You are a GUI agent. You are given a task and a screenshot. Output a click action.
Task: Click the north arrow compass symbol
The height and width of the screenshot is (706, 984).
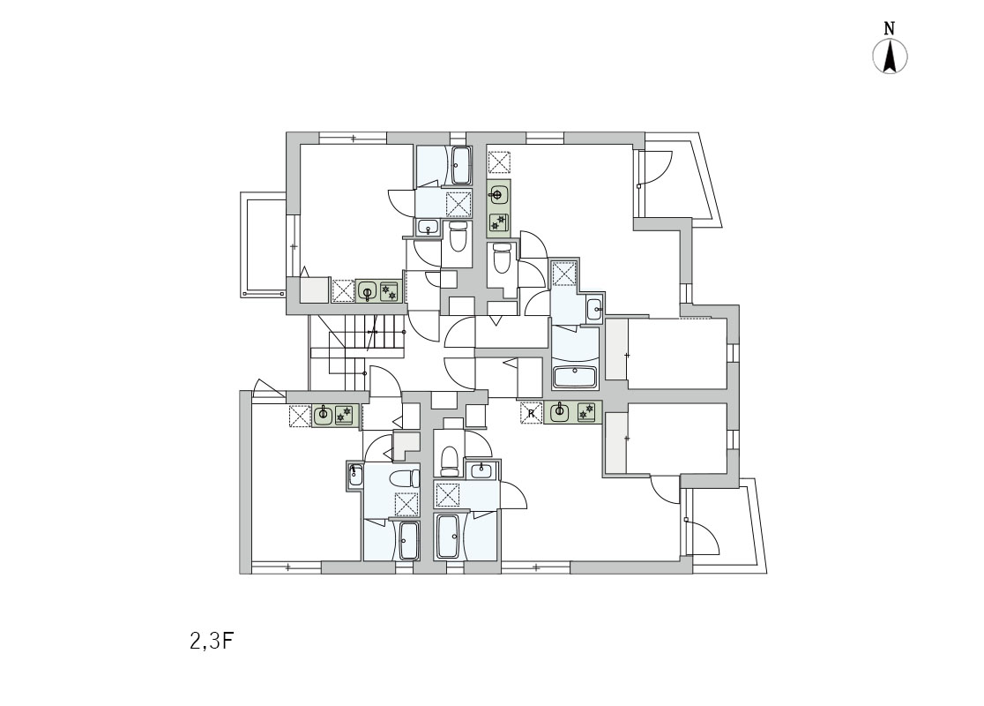890,56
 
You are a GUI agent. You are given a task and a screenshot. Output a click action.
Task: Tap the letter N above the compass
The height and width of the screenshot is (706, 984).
890,28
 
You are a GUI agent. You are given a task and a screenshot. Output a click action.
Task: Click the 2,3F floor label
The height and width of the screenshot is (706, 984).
212,642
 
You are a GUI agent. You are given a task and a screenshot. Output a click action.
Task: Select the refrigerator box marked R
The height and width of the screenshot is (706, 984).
531,413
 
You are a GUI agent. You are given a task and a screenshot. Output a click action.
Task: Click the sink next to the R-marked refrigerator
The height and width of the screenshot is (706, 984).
559,412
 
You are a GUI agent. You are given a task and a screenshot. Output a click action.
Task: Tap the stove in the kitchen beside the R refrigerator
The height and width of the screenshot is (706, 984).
586,412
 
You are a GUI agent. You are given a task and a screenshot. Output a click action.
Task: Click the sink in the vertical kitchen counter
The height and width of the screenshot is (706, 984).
498,195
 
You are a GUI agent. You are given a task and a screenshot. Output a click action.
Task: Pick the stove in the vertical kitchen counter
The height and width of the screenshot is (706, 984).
498,222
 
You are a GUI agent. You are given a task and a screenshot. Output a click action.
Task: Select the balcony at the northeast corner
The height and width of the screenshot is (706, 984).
678,180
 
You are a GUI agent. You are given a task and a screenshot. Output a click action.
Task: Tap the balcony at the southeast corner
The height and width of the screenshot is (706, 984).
726,525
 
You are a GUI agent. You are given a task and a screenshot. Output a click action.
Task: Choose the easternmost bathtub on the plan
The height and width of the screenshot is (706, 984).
574,377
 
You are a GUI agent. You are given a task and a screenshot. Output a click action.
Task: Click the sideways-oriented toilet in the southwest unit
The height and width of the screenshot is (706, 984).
404,479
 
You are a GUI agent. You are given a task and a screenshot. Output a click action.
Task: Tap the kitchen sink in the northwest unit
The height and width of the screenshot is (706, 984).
367,291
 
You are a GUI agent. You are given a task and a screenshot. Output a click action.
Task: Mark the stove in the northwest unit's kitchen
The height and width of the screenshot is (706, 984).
389,291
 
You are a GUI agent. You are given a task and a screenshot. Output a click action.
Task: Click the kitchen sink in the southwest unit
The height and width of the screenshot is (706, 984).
324,415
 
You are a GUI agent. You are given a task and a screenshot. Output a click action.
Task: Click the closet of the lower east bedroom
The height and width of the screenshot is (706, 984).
616,443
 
